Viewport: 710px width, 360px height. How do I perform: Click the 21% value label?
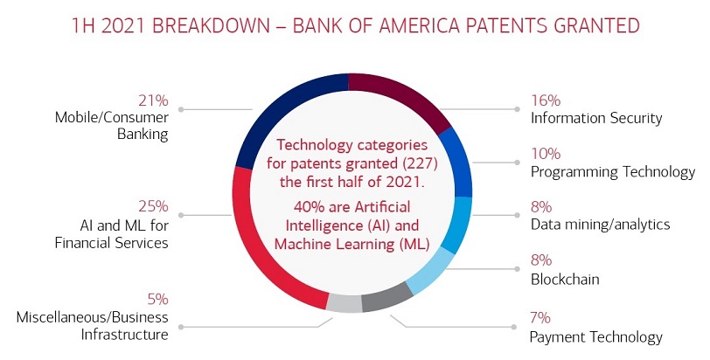click(x=154, y=100)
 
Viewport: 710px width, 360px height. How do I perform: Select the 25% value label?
click(x=154, y=207)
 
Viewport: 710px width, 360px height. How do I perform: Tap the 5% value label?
click(x=157, y=299)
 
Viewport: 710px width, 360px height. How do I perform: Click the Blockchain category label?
click(x=564, y=280)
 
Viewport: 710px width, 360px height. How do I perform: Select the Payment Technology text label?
click(x=595, y=336)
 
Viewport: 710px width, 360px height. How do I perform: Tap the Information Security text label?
click(x=596, y=118)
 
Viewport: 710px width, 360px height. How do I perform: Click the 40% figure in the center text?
click(x=292, y=206)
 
